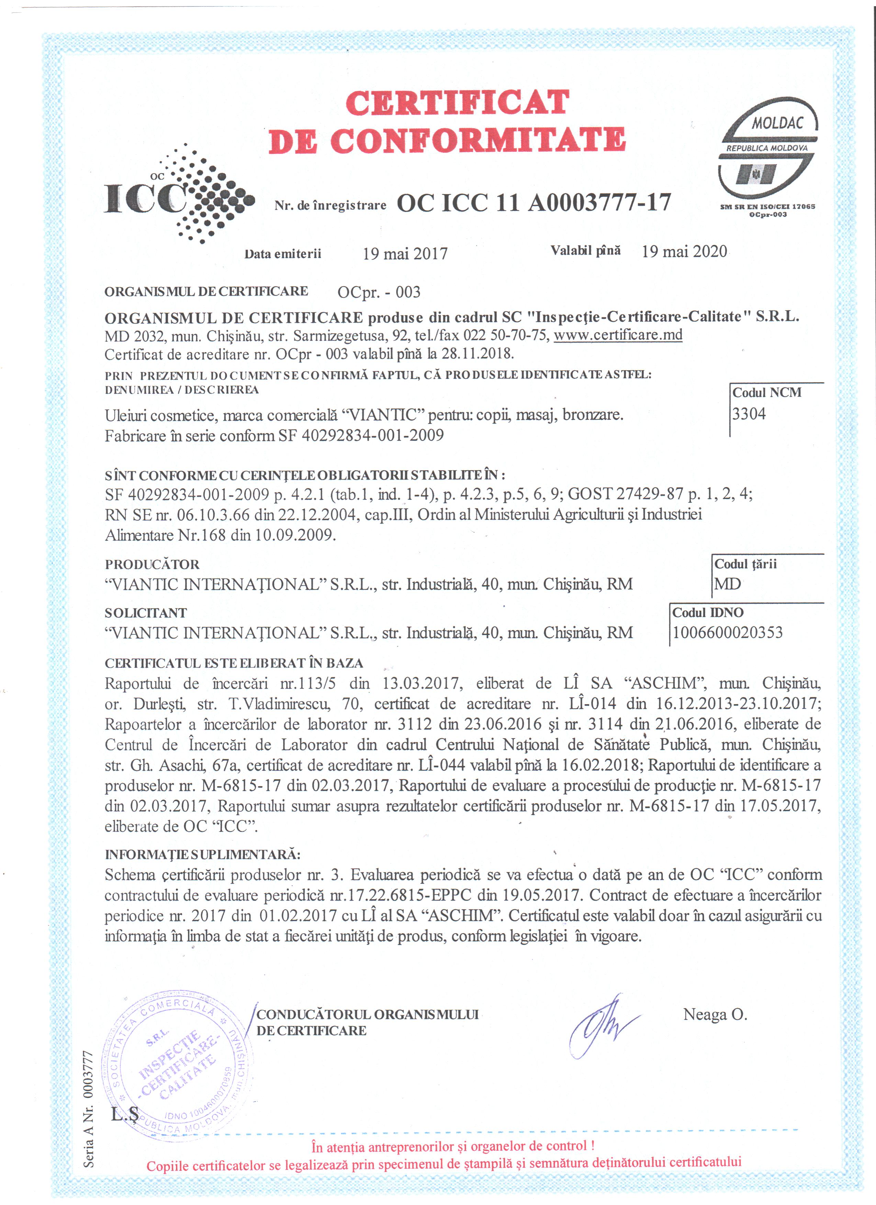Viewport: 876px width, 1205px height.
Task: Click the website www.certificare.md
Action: [618, 335]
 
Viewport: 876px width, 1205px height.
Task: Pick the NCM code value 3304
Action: [749, 414]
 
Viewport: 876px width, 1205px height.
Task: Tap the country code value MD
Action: [727, 584]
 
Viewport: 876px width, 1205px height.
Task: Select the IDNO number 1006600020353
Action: [727, 632]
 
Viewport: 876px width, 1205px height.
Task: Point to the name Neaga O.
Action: [715, 1014]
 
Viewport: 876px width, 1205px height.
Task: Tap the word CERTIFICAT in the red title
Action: [457, 103]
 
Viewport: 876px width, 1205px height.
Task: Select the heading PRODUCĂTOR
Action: [152, 564]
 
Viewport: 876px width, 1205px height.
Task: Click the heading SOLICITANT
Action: [146, 612]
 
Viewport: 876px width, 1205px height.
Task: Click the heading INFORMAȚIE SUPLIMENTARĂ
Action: [202, 854]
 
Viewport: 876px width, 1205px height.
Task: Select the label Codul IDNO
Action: [708, 612]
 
